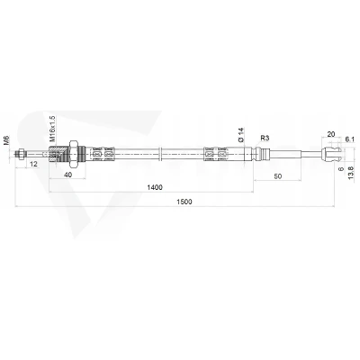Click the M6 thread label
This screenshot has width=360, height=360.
point(7,140)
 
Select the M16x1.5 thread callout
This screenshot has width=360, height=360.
point(52,129)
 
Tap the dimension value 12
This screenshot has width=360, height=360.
point(34,164)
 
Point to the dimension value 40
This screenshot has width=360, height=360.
point(68,175)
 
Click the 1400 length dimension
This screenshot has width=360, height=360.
point(155,187)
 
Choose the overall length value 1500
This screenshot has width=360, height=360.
point(184,202)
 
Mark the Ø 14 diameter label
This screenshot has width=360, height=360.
point(241,135)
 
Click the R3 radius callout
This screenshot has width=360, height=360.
point(265,138)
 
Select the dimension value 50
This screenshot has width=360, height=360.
point(278,176)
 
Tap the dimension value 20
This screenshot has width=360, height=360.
point(331,134)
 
